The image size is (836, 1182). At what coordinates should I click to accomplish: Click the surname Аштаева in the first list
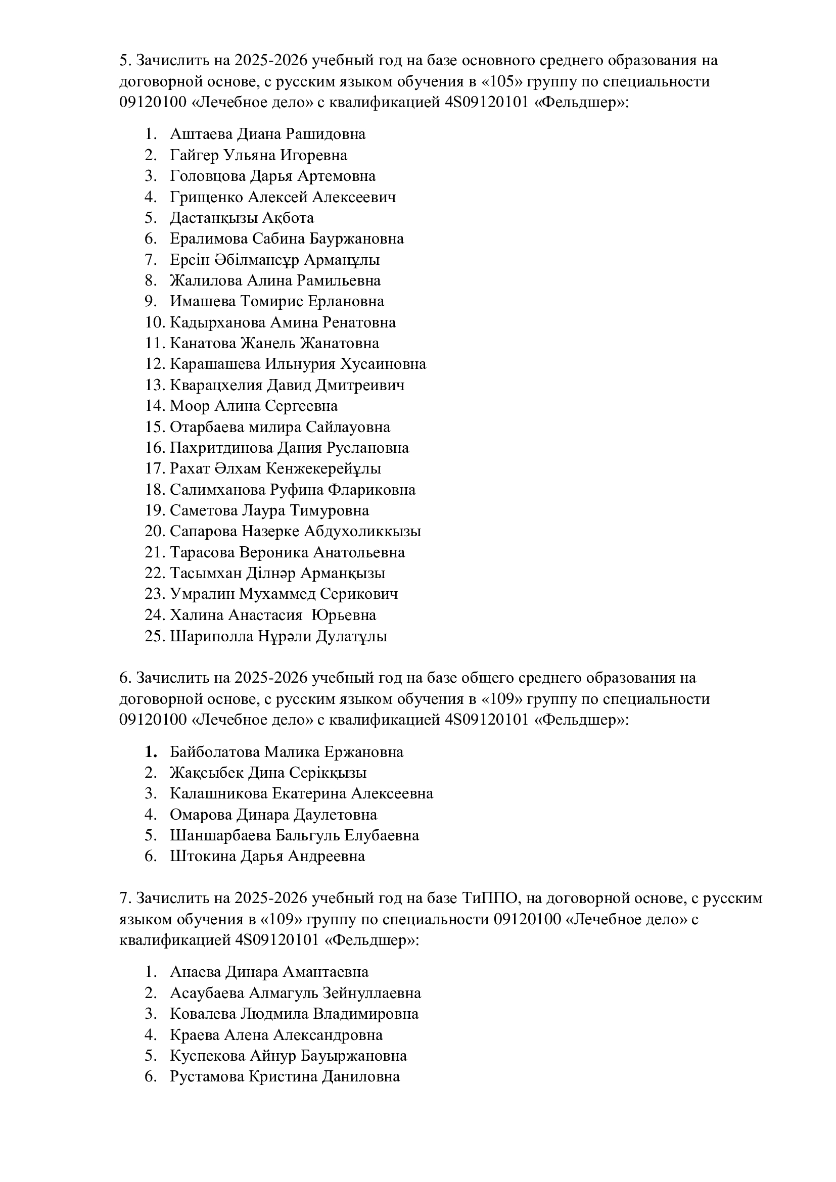pos(201,134)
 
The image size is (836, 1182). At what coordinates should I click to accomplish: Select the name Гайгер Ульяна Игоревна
pos(258,155)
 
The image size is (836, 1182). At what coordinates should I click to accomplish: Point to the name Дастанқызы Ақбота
pos(242,218)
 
